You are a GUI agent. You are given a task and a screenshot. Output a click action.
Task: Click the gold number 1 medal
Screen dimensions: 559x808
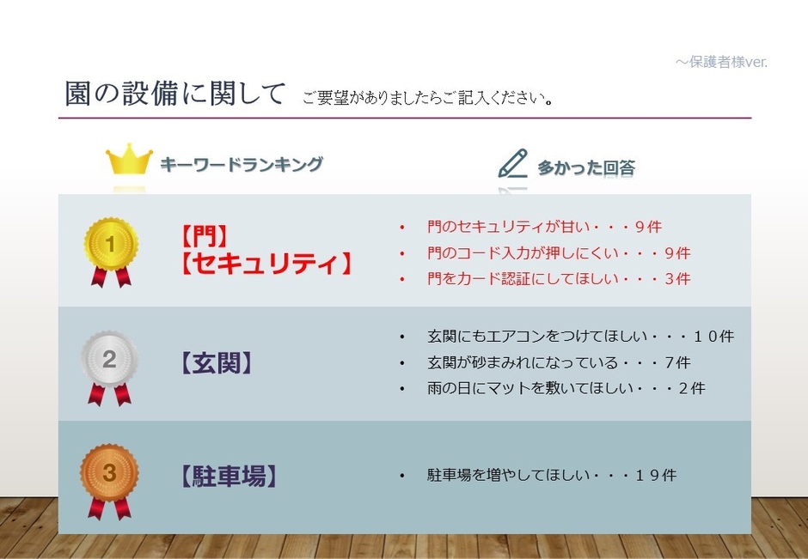click(x=110, y=246)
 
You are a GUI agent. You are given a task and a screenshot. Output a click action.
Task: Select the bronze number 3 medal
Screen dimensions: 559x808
click(x=109, y=475)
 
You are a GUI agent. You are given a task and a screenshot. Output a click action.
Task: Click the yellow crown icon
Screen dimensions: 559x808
click(x=129, y=161)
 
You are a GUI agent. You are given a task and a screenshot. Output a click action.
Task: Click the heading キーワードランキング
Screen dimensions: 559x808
click(x=242, y=165)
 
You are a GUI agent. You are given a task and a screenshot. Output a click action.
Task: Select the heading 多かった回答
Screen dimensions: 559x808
click(x=586, y=168)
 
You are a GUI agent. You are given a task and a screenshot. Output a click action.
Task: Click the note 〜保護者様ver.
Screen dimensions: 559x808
click(x=720, y=62)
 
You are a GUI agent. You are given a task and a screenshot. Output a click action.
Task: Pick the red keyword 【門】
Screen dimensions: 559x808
click(x=204, y=234)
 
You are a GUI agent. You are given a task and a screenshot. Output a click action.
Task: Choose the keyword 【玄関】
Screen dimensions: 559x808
click(x=217, y=363)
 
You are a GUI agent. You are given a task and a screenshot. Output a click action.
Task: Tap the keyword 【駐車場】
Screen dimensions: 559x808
click(x=230, y=476)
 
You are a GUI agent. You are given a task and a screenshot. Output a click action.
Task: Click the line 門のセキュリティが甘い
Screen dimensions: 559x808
click(x=543, y=228)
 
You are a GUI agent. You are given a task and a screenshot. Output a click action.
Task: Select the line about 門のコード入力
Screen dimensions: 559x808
click(x=558, y=253)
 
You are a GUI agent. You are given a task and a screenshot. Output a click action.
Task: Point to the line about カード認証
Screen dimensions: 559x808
click(x=558, y=279)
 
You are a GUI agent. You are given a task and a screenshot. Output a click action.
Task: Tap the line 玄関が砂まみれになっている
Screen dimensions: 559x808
click(x=558, y=362)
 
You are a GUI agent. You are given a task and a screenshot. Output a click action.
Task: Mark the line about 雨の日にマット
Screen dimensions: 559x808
click(x=565, y=388)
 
